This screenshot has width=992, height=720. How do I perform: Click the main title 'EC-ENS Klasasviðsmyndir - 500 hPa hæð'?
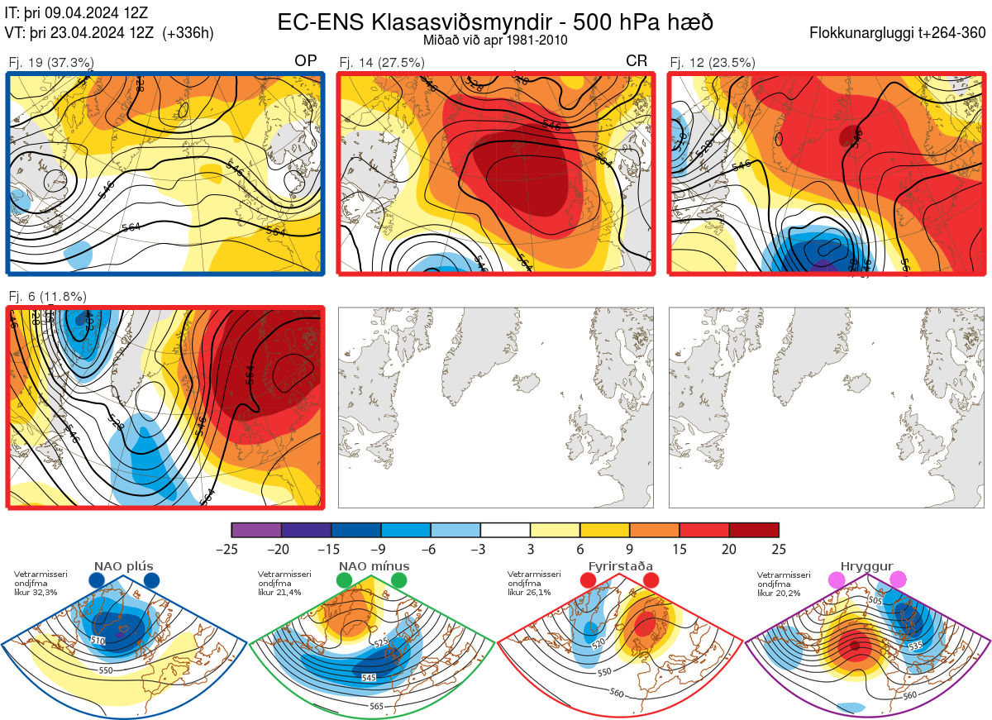(495, 21)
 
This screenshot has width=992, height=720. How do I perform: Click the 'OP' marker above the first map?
(305, 61)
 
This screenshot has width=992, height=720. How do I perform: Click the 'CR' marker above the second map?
(636, 61)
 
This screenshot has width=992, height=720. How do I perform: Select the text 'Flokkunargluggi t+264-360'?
(899, 34)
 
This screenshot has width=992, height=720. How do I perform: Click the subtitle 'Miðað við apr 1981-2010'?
(495, 40)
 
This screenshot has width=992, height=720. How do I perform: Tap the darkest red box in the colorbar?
(754, 530)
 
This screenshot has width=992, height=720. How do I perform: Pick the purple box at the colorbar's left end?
(256, 530)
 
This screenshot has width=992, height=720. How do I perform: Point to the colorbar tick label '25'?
(779, 549)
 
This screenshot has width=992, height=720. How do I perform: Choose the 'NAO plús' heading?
(123, 566)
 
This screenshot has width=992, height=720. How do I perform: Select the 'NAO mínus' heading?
(373, 566)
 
